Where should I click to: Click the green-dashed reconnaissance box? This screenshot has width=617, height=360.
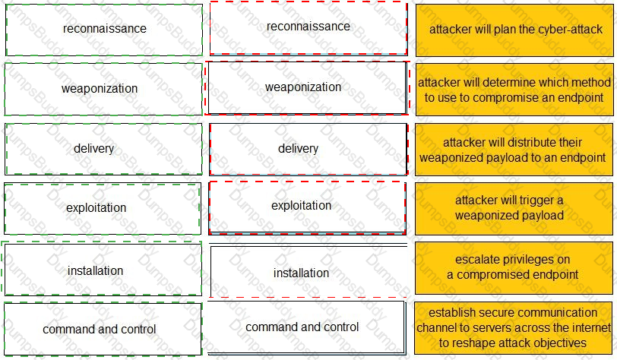point(104,30)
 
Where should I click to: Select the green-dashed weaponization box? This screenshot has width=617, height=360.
point(103,89)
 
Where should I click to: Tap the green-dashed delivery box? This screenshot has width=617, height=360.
point(103,149)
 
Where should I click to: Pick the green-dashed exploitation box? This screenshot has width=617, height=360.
point(103,209)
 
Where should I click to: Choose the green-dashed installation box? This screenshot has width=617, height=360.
point(102,268)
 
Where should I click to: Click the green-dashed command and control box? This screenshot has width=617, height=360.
point(103,329)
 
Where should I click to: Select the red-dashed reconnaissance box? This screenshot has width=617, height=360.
point(308,28)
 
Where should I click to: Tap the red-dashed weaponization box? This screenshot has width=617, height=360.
point(307,88)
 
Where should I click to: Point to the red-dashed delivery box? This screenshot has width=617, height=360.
point(308,149)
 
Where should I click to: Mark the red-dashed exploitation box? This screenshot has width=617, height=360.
point(307,208)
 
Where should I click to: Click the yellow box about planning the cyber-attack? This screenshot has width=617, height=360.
point(514,30)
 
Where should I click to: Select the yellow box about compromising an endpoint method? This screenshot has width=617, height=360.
point(514,90)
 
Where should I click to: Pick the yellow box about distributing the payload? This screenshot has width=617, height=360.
point(514,150)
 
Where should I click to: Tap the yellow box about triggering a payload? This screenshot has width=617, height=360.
point(514,209)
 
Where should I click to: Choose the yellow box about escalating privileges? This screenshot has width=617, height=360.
point(514,268)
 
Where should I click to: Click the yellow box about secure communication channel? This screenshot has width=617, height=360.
point(514,328)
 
